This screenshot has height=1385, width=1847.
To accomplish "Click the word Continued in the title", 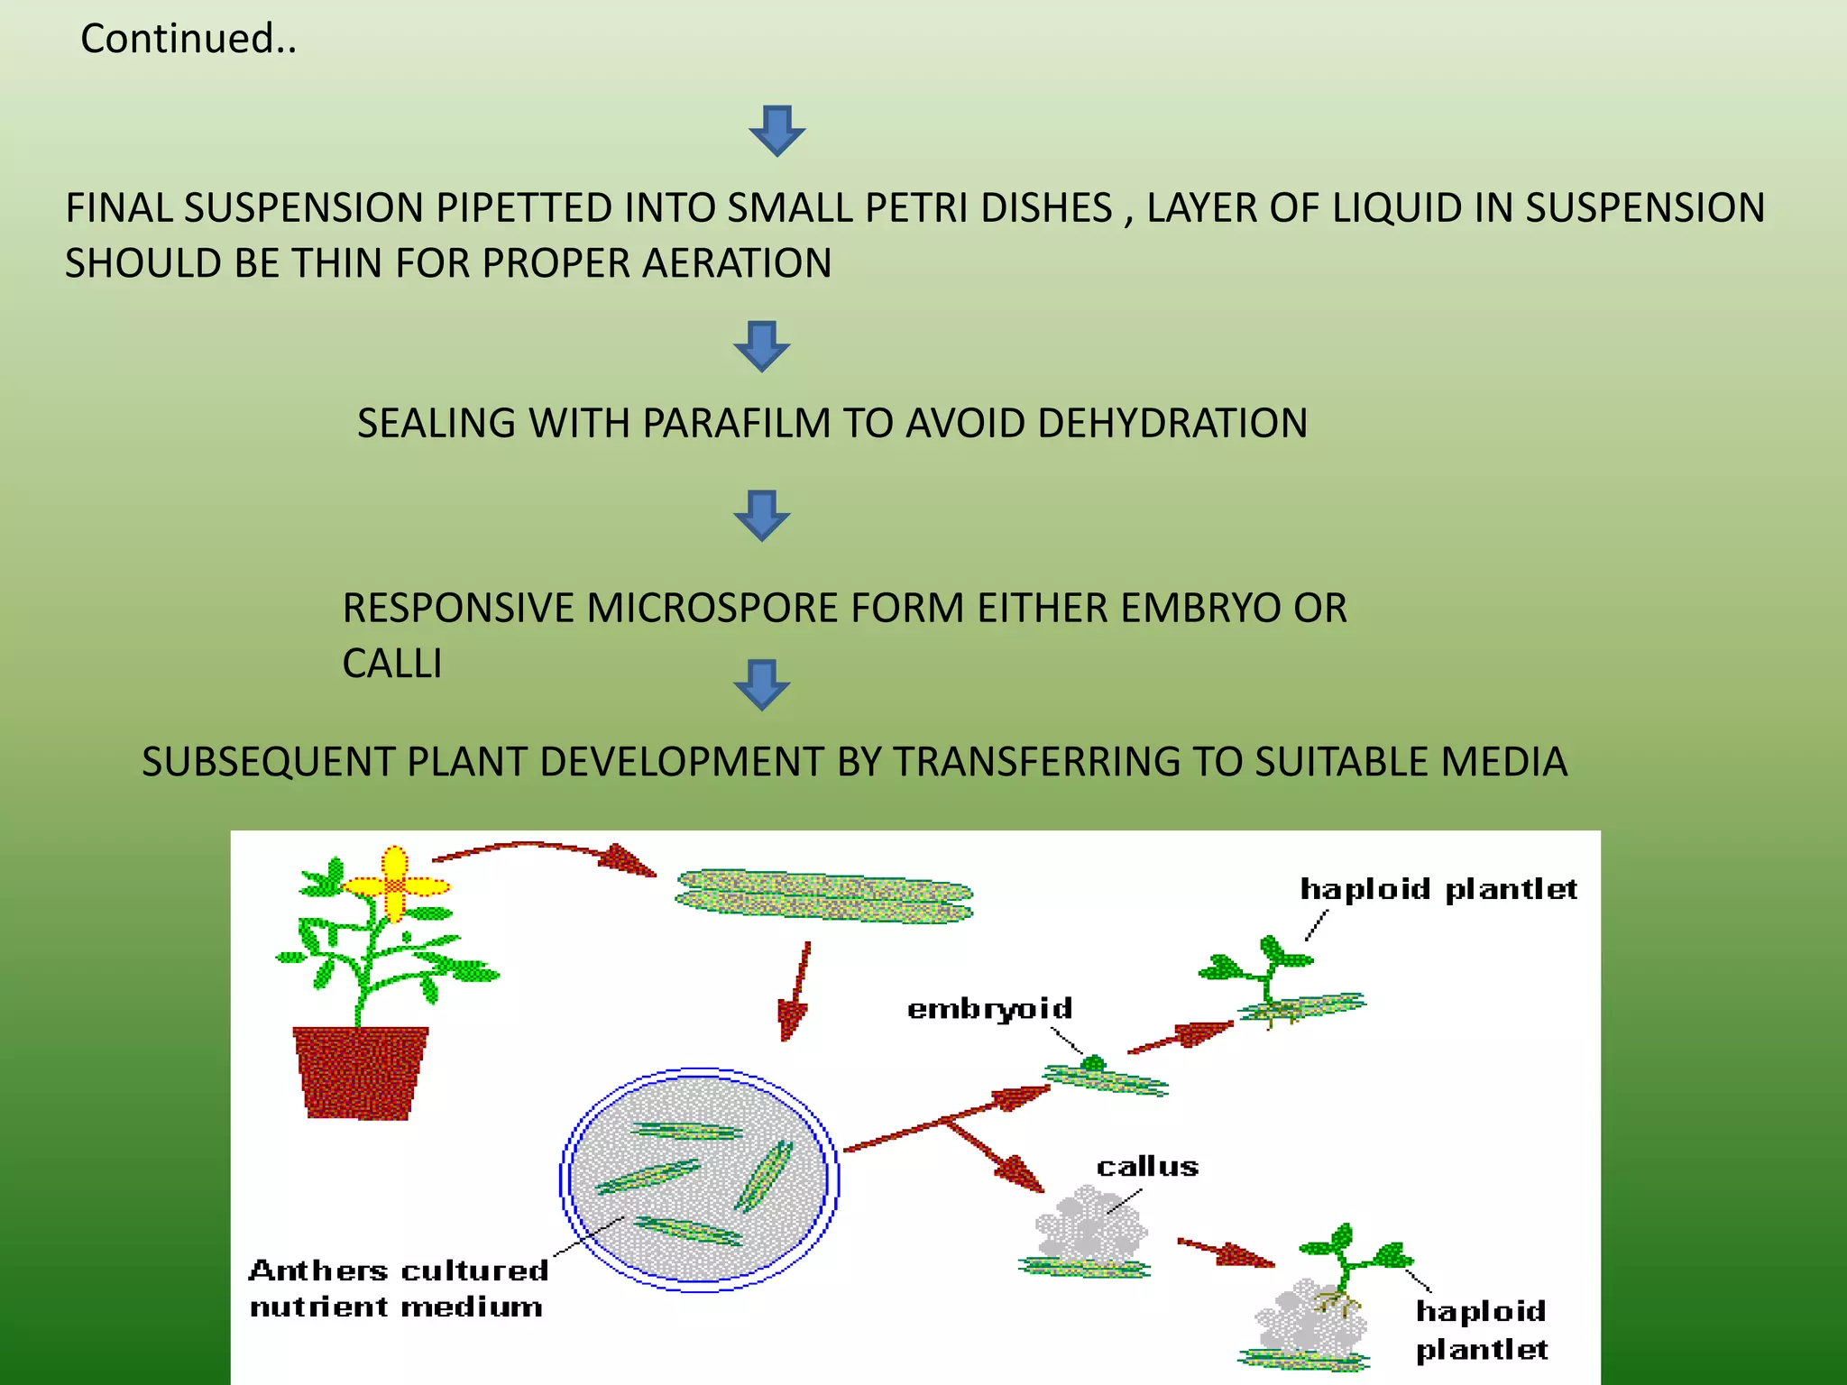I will [177, 39].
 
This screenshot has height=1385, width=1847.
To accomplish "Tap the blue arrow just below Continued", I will [776, 131].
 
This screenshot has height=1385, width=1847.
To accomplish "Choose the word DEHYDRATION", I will [1172, 424].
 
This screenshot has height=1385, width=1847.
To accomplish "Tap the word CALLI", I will [392, 665].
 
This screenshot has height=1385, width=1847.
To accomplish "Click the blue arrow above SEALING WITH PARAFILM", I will [762, 346].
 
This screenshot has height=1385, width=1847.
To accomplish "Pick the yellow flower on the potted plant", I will [394, 885].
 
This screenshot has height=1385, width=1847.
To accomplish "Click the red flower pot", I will [360, 1073].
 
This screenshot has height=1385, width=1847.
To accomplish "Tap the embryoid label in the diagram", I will [989, 1008].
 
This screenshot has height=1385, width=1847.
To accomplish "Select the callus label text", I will [1147, 1167].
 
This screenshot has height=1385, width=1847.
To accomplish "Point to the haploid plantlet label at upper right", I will [1438, 889].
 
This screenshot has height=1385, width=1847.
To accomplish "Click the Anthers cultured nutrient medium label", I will [397, 1289].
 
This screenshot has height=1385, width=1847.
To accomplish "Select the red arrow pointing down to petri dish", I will [795, 992].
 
